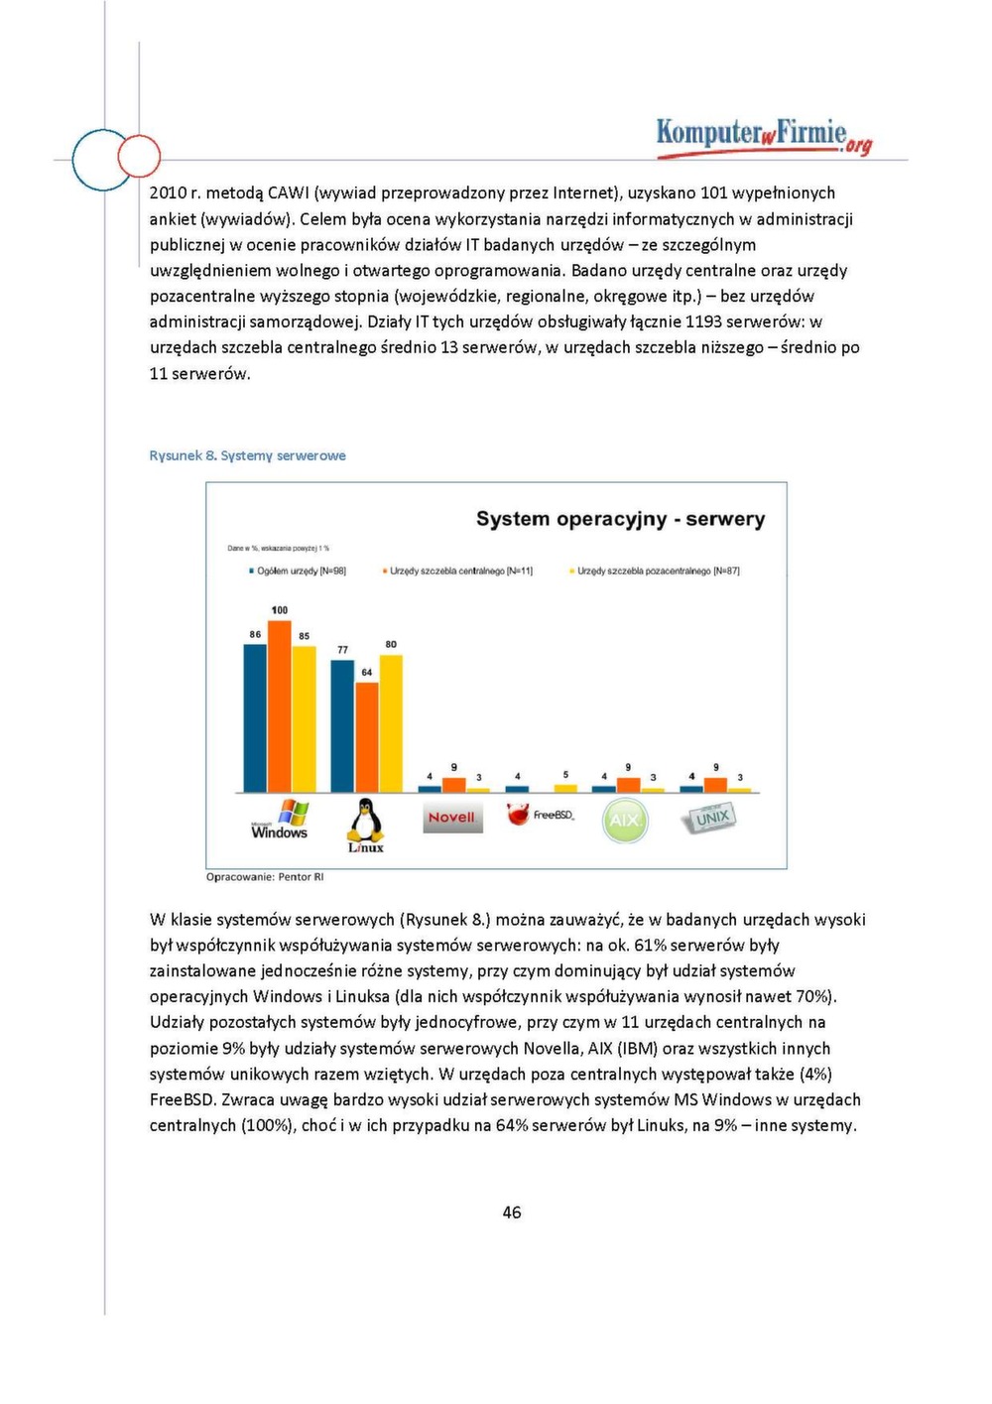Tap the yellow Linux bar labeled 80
click(391, 723)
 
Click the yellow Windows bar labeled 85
click(304, 718)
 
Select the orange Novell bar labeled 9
click(453, 785)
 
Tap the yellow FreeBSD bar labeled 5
click(565, 788)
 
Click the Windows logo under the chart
click(280, 820)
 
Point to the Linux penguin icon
click(365, 825)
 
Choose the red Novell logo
click(452, 818)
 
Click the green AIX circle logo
click(624, 821)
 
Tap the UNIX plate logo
click(709, 818)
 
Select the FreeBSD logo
click(540, 815)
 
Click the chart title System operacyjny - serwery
click(620, 519)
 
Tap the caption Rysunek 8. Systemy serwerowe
click(247, 455)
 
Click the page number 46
click(512, 1213)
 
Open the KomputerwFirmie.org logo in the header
click(763, 136)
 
